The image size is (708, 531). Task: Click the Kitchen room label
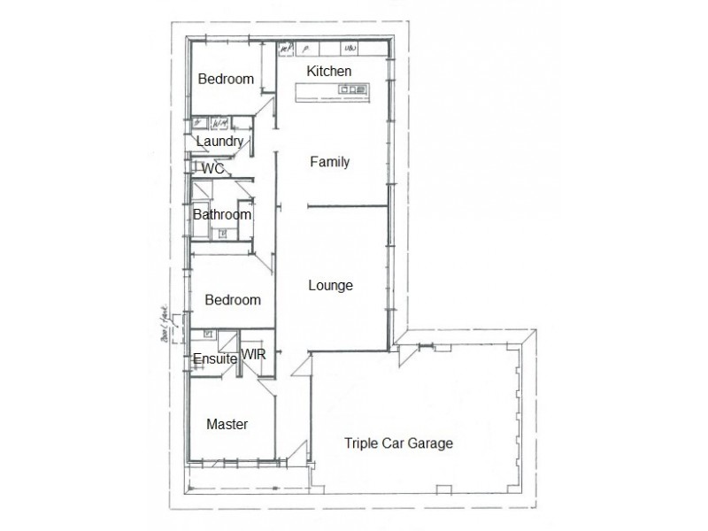(x=329, y=71)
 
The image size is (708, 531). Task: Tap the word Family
(x=330, y=162)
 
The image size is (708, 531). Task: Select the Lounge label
(x=330, y=285)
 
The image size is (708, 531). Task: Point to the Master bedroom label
(x=227, y=424)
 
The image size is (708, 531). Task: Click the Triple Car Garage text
(x=399, y=443)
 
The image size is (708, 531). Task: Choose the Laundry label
(x=219, y=142)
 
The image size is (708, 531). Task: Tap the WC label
(x=212, y=168)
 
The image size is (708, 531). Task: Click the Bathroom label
(x=222, y=214)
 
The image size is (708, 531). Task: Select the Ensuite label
(x=215, y=358)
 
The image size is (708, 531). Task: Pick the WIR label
(x=254, y=355)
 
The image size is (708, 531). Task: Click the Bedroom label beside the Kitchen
(x=226, y=79)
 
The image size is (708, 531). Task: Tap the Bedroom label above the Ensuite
(x=233, y=300)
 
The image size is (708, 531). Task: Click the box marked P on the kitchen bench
(x=304, y=48)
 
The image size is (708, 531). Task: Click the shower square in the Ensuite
(x=208, y=335)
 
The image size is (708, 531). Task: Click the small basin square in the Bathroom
(x=223, y=234)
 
